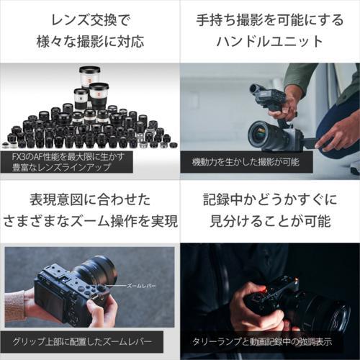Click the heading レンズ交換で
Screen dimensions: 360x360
[91, 20]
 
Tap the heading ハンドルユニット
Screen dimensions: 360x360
[270, 41]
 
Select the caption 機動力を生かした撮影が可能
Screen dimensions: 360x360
[246, 162]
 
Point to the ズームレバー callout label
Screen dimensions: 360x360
[141, 286]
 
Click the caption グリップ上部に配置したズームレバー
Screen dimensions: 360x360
[82, 341]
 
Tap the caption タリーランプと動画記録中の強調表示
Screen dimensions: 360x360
[262, 341]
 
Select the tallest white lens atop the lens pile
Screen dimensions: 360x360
[89, 77]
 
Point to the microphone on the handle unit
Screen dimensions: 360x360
[256, 89]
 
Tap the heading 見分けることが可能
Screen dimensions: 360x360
[270, 221]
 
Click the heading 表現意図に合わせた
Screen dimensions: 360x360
[90, 200]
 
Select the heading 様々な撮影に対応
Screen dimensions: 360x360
[91, 41]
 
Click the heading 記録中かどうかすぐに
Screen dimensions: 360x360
[270, 200]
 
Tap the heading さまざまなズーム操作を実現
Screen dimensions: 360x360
[91, 221]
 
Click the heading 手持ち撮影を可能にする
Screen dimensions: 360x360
[270, 20]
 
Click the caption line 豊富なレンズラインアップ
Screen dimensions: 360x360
[61, 167]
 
